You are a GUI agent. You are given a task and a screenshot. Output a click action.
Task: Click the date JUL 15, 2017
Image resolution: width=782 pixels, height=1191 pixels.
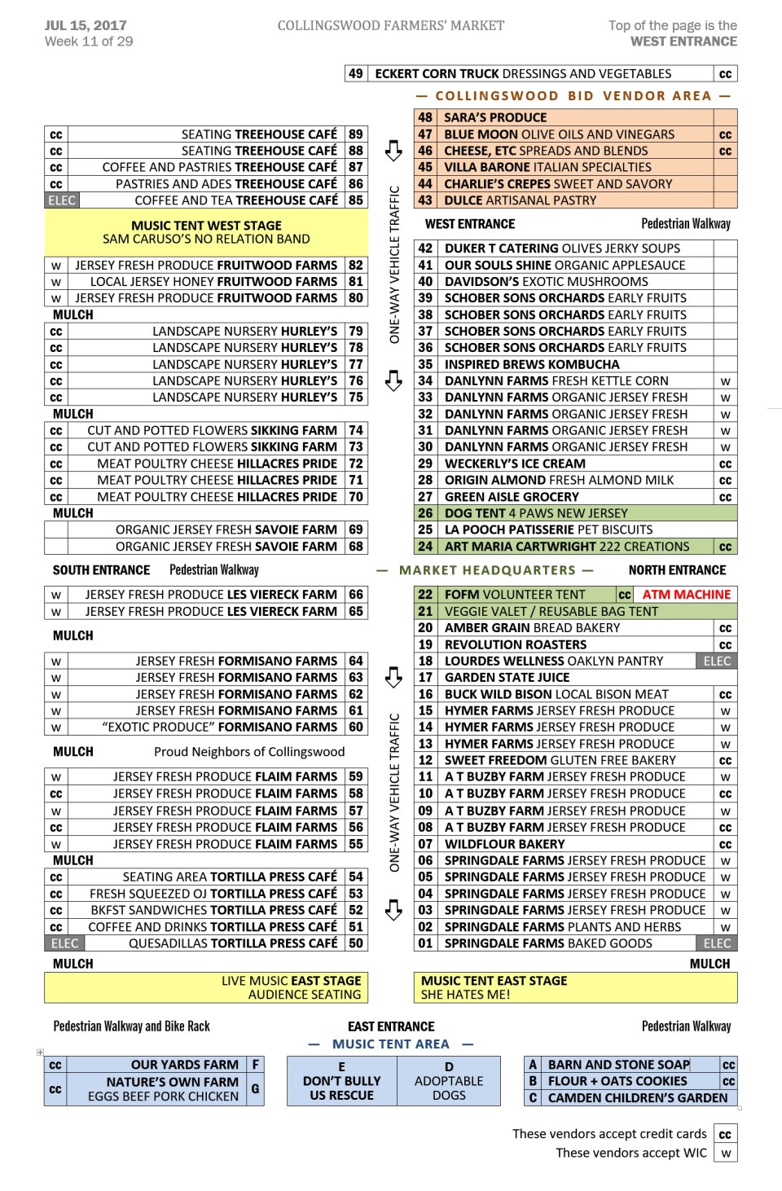click(86, 25)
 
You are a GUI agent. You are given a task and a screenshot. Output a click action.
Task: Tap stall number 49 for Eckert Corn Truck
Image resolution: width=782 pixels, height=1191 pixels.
click(356, 74)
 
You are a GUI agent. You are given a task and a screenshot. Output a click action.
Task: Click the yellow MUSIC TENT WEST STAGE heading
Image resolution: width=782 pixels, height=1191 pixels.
click(206, 226)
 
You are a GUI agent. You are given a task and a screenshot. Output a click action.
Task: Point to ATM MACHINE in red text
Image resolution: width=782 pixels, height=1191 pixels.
click(686, 595)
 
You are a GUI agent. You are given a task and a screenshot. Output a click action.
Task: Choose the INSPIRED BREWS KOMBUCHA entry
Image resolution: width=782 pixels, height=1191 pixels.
click(532, 364)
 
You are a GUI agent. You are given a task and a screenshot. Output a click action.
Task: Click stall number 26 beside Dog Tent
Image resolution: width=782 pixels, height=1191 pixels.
click(425, 513)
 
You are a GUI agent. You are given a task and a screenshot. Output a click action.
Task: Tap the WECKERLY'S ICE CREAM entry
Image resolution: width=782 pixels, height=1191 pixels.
click(515, 464)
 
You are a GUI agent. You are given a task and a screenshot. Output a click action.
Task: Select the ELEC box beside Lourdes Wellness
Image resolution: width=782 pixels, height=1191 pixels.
click(717, 661)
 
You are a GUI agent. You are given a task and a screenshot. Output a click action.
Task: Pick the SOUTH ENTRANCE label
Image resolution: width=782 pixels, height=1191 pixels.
click(101, 570)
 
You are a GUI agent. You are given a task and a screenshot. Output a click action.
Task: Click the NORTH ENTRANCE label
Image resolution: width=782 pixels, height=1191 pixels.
click(677, 570)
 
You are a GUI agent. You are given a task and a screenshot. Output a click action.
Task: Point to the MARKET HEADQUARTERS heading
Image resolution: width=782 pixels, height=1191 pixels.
click(487, 570)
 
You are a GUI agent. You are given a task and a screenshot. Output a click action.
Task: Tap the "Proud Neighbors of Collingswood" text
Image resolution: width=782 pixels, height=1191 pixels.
click(249, 752)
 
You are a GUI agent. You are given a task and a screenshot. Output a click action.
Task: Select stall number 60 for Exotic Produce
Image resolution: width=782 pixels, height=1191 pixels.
click(356, 727)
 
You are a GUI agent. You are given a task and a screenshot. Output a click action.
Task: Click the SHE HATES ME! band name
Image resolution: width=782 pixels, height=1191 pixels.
click(465, 995)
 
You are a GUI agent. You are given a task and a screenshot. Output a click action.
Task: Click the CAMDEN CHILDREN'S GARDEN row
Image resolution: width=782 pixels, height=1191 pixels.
click(637, 1098)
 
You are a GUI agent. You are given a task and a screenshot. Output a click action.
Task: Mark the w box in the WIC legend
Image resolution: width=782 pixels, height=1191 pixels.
click(725, 1154)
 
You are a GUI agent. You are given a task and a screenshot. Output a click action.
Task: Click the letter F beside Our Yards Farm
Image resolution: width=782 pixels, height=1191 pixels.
click(255, 1065)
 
